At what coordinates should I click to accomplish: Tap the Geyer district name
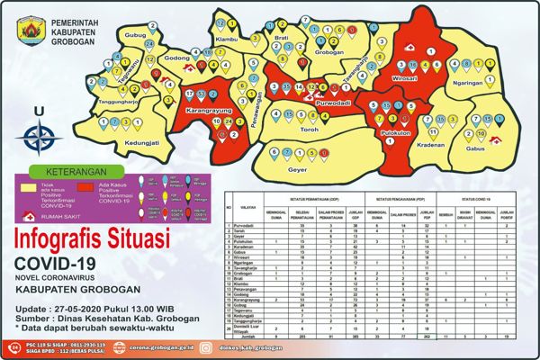(x=297, y=167)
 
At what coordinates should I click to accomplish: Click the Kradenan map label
(x=431, y=144)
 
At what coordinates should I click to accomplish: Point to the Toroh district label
(x=309, y=130)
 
